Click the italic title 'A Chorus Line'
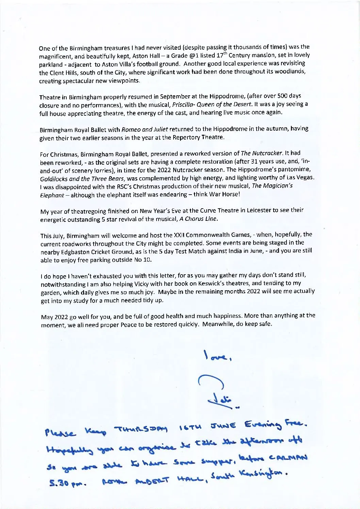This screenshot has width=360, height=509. [198, 218]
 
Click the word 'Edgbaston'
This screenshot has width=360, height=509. [70, 251]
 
